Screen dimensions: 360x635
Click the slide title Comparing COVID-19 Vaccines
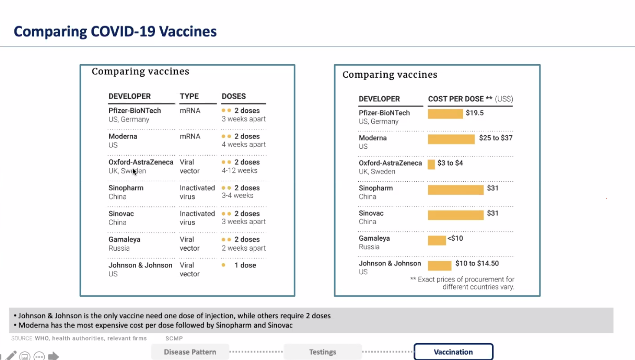[115, 32]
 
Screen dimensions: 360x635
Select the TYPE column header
[189, 96]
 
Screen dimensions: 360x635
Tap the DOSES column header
[234, 96]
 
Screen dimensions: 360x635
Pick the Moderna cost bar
[451, 139]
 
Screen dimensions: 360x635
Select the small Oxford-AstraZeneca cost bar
[431, 164]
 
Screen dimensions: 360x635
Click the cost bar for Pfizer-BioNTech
[445, 114]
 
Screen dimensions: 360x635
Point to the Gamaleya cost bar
[437, 240]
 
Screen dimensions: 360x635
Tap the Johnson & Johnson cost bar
[439, 265]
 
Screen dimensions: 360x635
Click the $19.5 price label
[475, 113]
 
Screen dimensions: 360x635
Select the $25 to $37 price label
[496, 138]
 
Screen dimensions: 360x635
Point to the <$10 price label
[455, 239]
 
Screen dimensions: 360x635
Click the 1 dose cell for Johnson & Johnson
[245, 265]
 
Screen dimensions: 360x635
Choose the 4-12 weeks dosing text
[239, 170]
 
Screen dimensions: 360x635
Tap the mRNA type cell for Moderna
[190, 136]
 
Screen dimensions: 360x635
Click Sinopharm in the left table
[126, 188]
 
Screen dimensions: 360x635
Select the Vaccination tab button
[453, 352]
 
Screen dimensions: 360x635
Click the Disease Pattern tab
[190, 352]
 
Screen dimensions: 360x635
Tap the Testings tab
[323, 352]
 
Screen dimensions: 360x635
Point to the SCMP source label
[174, 338]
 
